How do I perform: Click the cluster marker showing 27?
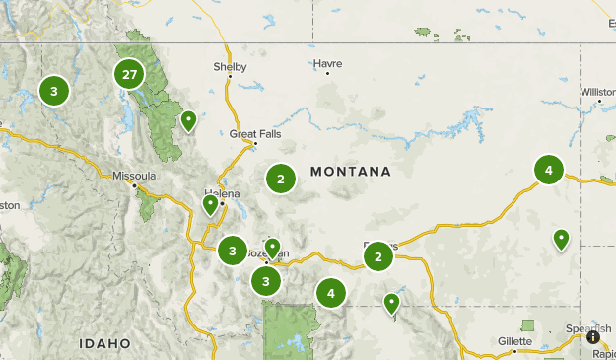[129, 74]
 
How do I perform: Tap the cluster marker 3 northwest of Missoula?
[54, 92]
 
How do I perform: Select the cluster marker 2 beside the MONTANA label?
[281, 179]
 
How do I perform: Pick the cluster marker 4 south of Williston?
[549, 171]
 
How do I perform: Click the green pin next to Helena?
[210, 204]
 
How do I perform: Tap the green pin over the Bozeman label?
[272, 247]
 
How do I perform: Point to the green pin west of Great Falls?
[188, 121]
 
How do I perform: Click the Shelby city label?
[230, 67]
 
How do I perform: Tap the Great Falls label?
[249, 133]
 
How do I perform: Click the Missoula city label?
[135, 176]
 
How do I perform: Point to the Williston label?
[597, 92]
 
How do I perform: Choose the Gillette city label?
[514, 340]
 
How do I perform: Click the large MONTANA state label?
[350, 172]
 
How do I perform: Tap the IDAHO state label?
[105, 343]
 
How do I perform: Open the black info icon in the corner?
[594, 336]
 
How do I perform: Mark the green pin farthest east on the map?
[561, 238]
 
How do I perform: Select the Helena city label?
[221, 193]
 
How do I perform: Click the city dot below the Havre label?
[327, 73]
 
